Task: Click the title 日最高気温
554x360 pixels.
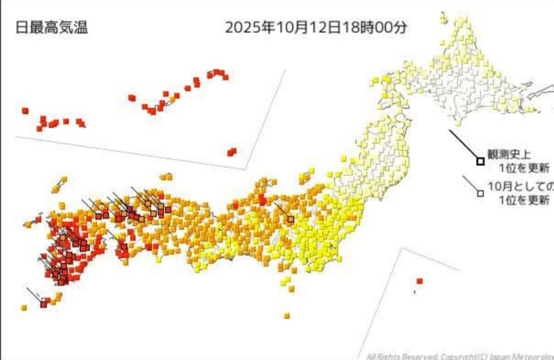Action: (x=52, y=27)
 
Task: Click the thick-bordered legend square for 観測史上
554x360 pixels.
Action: (x=480, y=161)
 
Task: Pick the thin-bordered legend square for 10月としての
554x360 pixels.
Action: (x=480, y=193)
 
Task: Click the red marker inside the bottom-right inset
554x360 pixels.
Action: (x=419, y=281)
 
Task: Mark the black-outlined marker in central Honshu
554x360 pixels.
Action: (x=291, y=219)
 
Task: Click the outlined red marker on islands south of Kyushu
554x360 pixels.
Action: (x=43, y=304)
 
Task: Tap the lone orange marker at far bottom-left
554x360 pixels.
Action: (x=24, y=308)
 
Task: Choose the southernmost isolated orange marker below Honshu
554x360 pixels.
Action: (x=287, y=315)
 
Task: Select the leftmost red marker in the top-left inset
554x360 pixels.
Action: (x=25, y=111)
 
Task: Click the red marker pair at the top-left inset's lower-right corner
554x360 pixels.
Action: (x=232, y=152)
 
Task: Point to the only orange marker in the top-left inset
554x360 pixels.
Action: (x=172, y=99)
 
